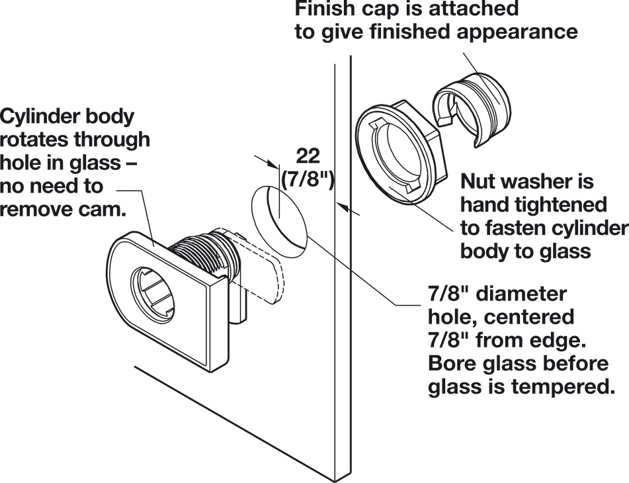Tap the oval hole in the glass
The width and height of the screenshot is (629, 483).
[x=280, y=214]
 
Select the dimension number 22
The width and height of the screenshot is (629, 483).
[x=308, y=156]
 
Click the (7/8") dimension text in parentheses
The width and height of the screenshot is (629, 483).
[x=307, y=179]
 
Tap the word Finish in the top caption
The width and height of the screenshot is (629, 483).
[x=327, y=9]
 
